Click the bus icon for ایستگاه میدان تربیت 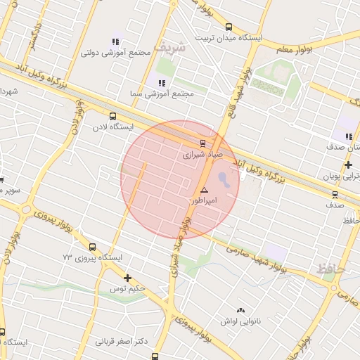tap(228, 27)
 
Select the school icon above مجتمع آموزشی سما tap(152, 83)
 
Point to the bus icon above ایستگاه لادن tap(112, 116)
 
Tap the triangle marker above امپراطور tap(204, 190)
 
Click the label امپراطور tap(205, 200)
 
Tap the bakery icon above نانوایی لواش tap(241, 309)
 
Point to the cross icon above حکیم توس tap(127, 278)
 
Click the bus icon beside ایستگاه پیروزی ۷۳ tap(93, 247)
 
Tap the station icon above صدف tap(335, 195)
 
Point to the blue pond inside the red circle tap(224, 179)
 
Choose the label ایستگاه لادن tap(112, 128)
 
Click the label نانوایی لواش tap(242, 321)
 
